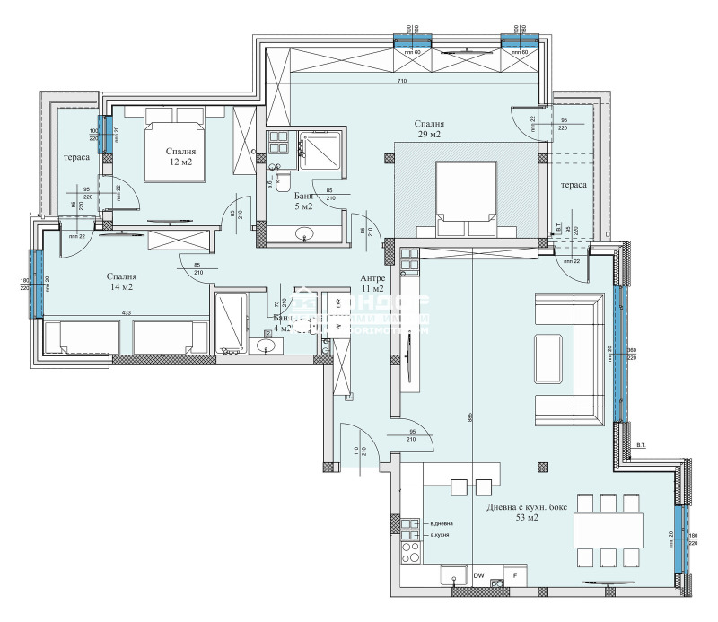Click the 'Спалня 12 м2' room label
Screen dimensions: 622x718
(x=180, y=157)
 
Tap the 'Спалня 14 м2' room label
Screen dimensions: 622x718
(x=120, y=282)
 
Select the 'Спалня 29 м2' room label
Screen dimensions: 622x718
(x=429, y=128)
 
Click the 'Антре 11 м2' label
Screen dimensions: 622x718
(x=372, y=283)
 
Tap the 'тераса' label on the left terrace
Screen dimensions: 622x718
(x=74, y=158)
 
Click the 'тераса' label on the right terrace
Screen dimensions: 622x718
(x=574, y=184)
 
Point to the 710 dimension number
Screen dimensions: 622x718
(x=402, y=82)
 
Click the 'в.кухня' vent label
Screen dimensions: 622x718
(x=440, y=535)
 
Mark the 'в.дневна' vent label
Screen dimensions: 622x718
(x=442, y=523)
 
